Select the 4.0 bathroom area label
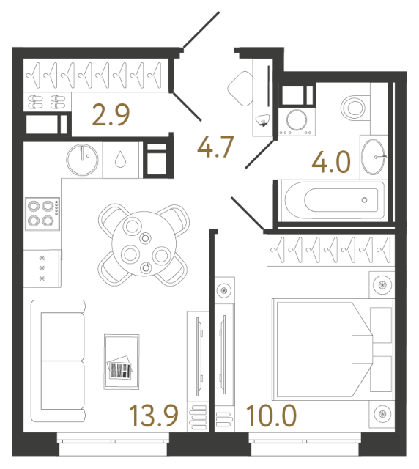(331, 162)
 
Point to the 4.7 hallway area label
(215, 147)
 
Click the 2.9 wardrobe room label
(111, 114)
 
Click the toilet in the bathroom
(354, 108)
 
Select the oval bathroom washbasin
(373, 157)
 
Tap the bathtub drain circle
(364, 200)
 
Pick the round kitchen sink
(82, 160)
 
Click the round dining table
(144, 243)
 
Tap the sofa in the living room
(58, 361)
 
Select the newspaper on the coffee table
(119, 368)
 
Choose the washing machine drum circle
(297, 120)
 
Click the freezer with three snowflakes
(42, 268)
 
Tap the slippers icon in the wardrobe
(47, 102)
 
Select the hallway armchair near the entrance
(240, 88)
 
